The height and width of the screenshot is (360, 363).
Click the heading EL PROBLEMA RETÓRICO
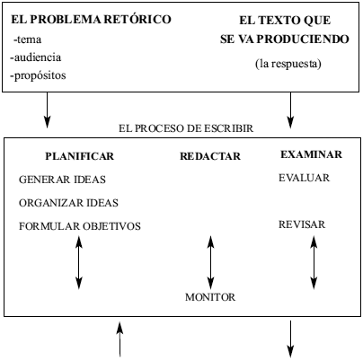point(91,20)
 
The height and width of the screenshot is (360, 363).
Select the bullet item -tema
point(27,40)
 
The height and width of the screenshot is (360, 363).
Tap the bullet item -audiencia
point(36,57)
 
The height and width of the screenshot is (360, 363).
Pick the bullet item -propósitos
point(38,75)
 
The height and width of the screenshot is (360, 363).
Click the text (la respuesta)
point(288,64)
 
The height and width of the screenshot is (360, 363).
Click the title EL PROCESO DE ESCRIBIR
point(186,128)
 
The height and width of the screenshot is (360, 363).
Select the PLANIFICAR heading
point(80,156)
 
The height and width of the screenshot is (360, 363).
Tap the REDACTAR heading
point(210,156)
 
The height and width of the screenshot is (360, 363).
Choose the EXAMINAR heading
point(311,154)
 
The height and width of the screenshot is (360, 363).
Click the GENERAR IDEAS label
point(62,180)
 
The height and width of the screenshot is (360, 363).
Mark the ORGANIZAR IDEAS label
point(68,203)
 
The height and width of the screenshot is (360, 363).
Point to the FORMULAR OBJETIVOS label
point(80,226)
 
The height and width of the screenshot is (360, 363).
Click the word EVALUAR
point(304,178)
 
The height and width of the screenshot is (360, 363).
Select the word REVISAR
point(302,224)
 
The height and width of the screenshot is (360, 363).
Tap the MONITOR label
point(210,297)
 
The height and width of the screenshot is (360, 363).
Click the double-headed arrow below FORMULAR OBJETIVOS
point(79,262)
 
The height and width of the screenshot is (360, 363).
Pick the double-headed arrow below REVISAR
point(314,262)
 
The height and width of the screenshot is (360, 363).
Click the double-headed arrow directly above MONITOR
point(210,262)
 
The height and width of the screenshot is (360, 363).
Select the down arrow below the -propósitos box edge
point(47,110)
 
